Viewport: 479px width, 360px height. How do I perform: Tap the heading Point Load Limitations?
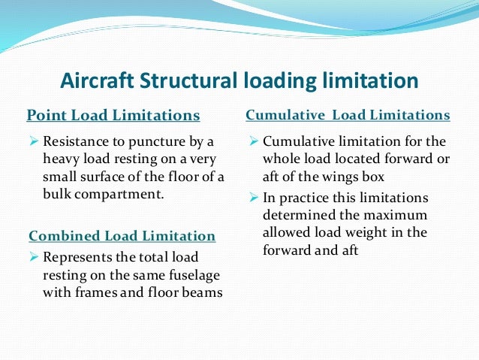click(113, 115)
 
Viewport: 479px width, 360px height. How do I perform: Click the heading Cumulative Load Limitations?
click(348, 115)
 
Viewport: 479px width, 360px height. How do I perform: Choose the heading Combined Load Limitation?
click(122, 236)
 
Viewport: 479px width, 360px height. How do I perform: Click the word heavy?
click(62, 159)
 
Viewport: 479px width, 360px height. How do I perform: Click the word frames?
click(99, 292)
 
